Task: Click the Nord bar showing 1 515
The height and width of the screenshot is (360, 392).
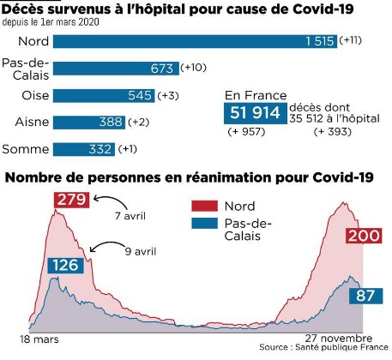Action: (x=195, y=41)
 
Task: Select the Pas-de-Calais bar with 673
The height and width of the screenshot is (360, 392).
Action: (x=116, y=69)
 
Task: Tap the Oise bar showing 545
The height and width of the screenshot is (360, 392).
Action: (x=104, y=95)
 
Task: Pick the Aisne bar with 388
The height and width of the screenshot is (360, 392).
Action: (x=89, y=123)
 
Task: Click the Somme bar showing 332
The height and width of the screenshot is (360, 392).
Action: (x=84, y=149)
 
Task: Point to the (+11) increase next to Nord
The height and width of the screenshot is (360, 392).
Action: (x=350, y=40)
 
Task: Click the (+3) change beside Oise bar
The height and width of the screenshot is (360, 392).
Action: (x=168, y=95)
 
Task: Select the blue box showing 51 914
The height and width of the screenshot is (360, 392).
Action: (x=256, y=113)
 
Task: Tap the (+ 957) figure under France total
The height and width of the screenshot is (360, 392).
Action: (x=246, y=132)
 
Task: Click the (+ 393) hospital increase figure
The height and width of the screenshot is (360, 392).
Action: (x=333, y=132)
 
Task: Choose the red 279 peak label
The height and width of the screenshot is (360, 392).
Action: (x=71, y=200)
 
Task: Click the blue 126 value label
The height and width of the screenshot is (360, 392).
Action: (x=65, y=266)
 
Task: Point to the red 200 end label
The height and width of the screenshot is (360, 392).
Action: (x=364, y=236)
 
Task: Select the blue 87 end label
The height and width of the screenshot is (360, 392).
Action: (x=365, y=296)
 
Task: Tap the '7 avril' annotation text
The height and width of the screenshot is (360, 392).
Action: (x=130, y=216)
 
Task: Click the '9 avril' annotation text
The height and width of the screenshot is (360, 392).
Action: (x=141, y=251)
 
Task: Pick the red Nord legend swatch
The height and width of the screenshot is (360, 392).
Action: (x=204, y=206)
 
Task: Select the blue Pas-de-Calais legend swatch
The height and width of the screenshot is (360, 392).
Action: (x=204, y=224)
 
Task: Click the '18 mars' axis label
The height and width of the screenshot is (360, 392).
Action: (x=39, y=339)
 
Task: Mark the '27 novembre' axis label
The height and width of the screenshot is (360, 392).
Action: (x=339, y=339)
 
